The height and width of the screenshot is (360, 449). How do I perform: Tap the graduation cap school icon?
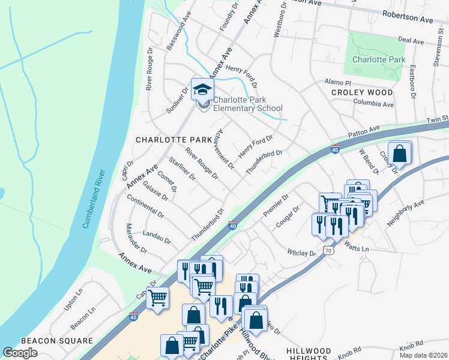pyautogui.click(x=202, y=91)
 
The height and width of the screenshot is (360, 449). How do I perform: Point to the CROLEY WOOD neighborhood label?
pyautogui.click(x=362, y=92)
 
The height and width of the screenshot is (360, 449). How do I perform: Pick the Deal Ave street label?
pyautogui.click(x=411, y=41)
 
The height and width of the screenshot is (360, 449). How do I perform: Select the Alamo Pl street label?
pyautogui.click(x=337, y=82)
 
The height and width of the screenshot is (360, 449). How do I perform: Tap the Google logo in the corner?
pyautogui.click(x=20, y=353)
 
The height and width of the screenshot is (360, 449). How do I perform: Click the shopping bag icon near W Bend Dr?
pyautogui.click(x=399, y=154)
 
